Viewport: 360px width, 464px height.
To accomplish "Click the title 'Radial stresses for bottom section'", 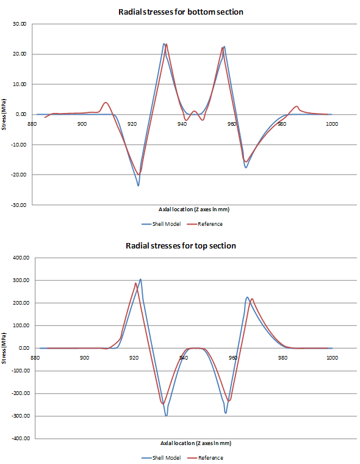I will pos(180,12).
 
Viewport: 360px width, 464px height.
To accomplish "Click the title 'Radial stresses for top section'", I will pos(180,245).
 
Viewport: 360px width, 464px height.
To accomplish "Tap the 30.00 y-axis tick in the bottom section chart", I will pos(19,24).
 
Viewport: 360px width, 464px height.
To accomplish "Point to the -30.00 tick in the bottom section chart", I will pos(18,205).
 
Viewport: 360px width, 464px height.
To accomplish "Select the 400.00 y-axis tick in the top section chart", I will pos(18,258).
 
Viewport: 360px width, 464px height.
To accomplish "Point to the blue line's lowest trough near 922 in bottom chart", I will pos(139,185).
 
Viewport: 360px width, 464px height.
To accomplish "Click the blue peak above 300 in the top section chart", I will pos(140,280).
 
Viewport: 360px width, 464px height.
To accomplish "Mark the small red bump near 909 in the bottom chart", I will pos(106,103).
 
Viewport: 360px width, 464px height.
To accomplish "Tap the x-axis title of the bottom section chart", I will pos(180,209).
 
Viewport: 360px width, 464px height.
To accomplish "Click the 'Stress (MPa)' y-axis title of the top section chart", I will pos(5,348).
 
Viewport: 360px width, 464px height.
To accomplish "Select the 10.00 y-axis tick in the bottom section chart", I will pos(19,84).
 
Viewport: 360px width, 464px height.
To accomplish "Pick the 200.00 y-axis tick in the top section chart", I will pos(18,303).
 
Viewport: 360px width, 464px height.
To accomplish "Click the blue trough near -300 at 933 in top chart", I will pos(166,416).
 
